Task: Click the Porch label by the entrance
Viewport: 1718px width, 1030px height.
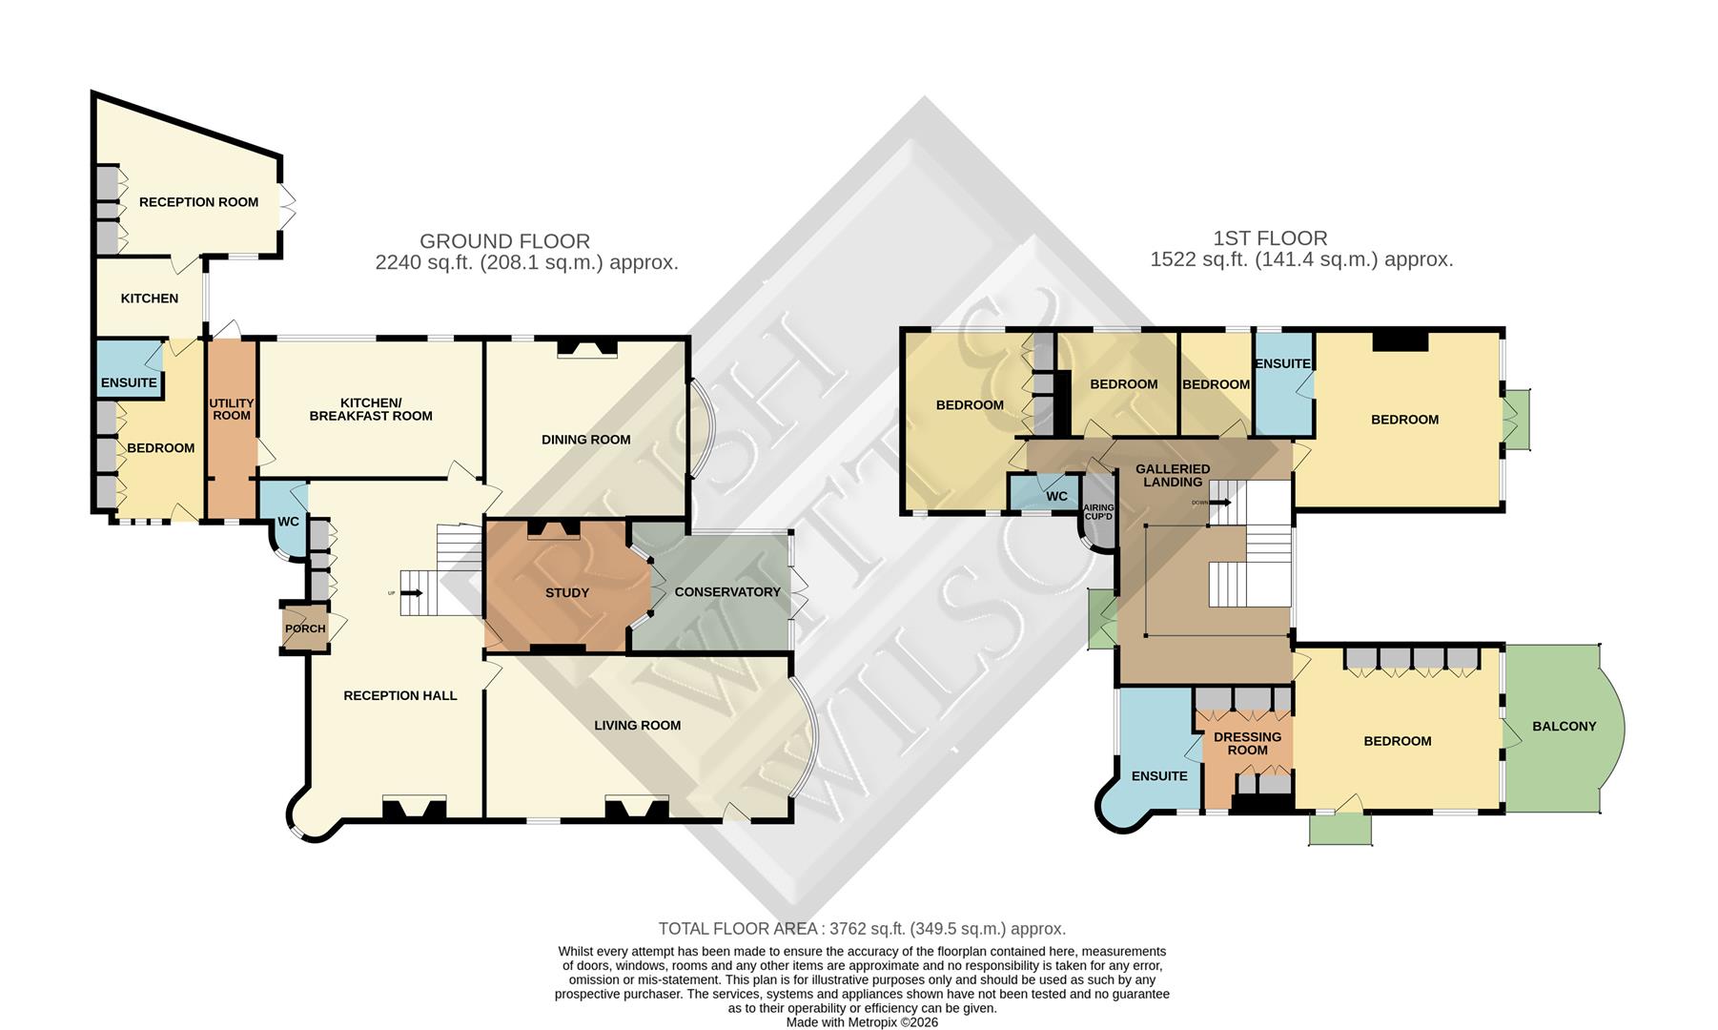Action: [305, 628]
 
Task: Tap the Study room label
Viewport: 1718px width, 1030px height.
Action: [567, 592]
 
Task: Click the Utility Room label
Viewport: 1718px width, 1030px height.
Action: [232, 409]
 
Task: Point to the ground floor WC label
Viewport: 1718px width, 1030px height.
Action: [288, 522]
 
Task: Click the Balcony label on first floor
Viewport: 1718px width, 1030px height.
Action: [1565, 726]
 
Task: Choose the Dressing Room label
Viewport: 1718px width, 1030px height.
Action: [1247, 743]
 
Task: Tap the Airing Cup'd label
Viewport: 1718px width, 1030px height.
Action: [1098, 512]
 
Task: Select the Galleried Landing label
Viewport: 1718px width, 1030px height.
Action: [1173, 475]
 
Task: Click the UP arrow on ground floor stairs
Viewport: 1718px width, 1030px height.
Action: [412, 592]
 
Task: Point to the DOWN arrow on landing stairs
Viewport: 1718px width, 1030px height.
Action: [1219, 502]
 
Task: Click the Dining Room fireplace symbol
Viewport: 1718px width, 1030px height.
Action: [587, 348]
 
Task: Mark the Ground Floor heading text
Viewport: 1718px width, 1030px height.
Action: [504, 241]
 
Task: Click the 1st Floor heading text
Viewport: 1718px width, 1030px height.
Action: [1270, 237]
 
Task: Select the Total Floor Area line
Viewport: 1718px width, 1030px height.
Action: [862, 928]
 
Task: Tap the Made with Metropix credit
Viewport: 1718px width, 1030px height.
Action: [862, 1021]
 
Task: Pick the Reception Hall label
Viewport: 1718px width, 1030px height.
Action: [400, 695]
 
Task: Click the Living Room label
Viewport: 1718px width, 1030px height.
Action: [637, 725]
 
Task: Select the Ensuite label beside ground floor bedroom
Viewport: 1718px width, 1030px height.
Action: [129, 382]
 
